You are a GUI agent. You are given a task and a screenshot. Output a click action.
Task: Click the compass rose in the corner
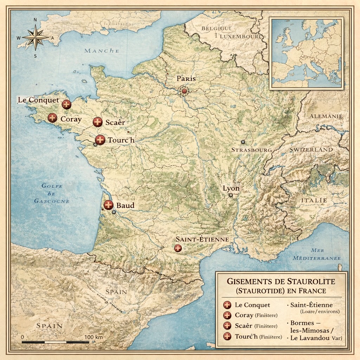pyautogui.click(x=35, y=37)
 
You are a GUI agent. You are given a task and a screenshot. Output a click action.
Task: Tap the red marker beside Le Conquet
pyautogui.click(x=66, y=104)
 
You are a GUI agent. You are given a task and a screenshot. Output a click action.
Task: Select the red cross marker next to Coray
pyautogui.click(x=52, y=118)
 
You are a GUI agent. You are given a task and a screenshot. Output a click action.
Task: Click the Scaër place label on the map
pyautogui.click(x=115, y=123)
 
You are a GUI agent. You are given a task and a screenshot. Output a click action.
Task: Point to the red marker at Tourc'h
pyautogui.click(x=100, y=140)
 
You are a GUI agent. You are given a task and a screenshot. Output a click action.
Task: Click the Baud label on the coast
pyautogui.click(x=125, y=205)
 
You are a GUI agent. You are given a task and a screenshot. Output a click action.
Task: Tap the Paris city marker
pyautogui.click(x=184, y=91)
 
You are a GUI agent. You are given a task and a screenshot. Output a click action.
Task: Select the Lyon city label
pyautogui.click(x=231, y=188)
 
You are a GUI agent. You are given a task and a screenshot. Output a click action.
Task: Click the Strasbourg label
pyautogui.click(x=251, y=150)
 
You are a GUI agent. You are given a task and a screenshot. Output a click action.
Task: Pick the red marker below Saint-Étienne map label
pyautogui.click(x=178, y=248)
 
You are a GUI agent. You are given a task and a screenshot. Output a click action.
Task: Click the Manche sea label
pyautogui.click(x=102, y=51)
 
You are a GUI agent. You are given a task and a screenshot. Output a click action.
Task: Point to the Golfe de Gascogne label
pyautogui.click(x=52, y=193)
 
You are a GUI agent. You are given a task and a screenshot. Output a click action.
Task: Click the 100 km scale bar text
pyautogui.click(x=94, y=337)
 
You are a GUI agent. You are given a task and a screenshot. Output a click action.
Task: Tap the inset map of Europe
pyautogui.click(x=306, y=53)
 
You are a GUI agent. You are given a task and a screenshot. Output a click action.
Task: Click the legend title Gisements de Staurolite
pyautogui.click(x=281, y=282)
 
